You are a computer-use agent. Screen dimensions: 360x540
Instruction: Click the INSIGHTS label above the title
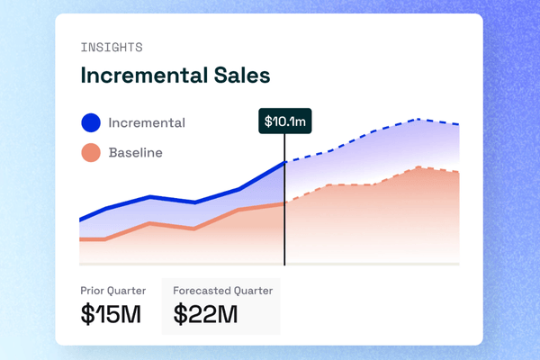point(112,47)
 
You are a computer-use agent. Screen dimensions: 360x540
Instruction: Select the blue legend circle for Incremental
point(90,122)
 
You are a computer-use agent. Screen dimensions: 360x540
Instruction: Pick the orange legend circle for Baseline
point(90,153)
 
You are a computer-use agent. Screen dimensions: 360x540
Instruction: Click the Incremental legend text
point(147,122)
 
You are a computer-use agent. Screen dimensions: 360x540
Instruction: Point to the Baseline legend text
point(135,153)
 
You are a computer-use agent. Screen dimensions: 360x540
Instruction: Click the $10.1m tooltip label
point(284,121)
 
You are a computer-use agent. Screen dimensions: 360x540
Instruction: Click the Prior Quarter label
point(113,291)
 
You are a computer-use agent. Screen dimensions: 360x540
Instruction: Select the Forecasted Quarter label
point(222,291)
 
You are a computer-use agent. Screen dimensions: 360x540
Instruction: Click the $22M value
point(206,314)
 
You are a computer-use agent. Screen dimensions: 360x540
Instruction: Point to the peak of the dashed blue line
point(417,119)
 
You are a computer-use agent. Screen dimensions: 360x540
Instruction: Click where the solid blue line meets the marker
point(284,162)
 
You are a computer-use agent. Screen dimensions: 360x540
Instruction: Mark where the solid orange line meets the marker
point(284,203)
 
